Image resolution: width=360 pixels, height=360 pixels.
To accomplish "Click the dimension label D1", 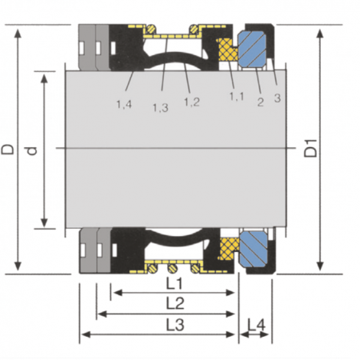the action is pyautogui.click(x=311, y=148).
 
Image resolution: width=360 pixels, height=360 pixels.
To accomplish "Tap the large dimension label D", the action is pyautogui.click(x=7, y=150).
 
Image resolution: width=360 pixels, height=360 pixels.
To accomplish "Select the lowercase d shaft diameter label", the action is pyautogui.click(x=32, y=151).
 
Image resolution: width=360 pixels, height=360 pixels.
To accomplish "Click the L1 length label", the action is pyautogui.click(x=174, y=284).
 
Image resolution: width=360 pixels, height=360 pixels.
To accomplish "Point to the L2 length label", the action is pyautogui.click(x=175, y=303).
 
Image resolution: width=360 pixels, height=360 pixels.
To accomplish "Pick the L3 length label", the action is pyautogui.click(x=175, y=325).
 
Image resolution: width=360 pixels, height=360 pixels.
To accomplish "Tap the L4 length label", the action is pyautogui.click(x=256, y=325).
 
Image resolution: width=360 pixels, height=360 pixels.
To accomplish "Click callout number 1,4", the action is pyautogui.click(x=124, y=104).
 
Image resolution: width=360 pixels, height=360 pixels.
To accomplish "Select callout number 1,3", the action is pyautogui.click(x=160, y=108).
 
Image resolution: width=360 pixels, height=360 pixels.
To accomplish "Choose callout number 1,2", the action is pyautogui.click(x=192, y=102).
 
